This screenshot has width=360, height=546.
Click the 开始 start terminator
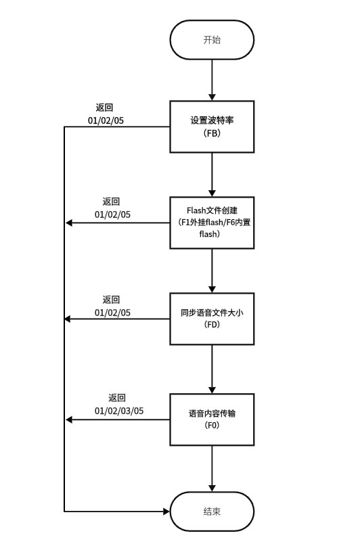click(212, 40)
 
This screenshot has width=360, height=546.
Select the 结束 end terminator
click(212, 512)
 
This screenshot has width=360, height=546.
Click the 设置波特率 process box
click(212, 127)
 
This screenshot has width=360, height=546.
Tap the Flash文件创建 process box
click(212, 223)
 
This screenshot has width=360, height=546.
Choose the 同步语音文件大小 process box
click(212, 319)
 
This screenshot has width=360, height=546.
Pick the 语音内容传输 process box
click(212, 419)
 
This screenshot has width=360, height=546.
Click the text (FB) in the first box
click(212, 133)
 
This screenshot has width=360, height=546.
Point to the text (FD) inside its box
click(212, 325)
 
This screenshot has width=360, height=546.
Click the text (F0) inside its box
click(212, 426)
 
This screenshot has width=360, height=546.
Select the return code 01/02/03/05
click(119, 411)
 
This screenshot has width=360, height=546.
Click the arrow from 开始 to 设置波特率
click(212, 80)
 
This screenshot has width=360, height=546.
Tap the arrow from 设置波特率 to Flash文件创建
click(212, 174)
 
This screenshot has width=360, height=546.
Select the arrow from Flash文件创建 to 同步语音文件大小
click(212, 271)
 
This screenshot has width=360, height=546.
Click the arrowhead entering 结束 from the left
click(164, 512)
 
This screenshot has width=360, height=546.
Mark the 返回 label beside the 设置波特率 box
click(104, 108)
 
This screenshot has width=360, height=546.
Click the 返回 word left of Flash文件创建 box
click(111, 202)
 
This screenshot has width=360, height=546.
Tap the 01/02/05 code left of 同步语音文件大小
click(112, 313)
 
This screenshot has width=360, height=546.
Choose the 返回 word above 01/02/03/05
click(117, 398)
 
